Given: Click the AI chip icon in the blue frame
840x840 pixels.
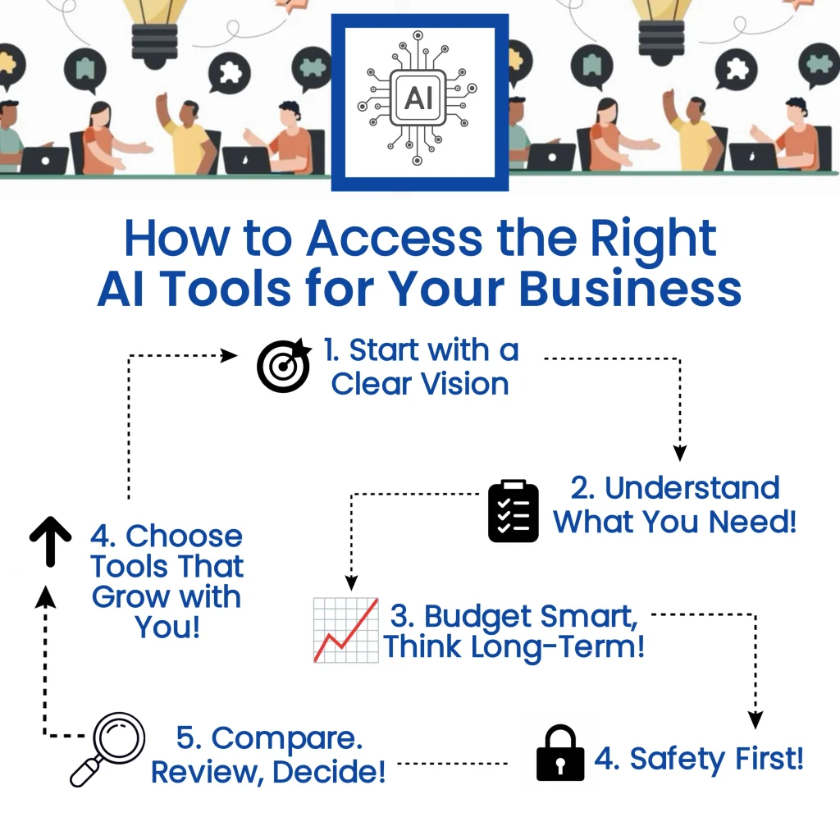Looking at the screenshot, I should pyautogui.click(x=419, y=99).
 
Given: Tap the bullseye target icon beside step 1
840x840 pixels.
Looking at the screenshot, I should pyautogui.click(x=284, y=365).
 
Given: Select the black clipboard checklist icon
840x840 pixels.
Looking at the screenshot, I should pyautogui.click(x=514, y=511).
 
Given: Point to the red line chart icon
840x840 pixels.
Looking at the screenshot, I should pyautogui.click(x=346, y=630).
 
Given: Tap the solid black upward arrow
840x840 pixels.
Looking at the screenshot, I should pyautogui.click(x=49, y=541).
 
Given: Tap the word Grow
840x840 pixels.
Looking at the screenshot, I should pyautogui.click(x=125, y=596).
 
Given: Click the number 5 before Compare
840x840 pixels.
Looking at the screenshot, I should pyautogui.click(x=189, y=738).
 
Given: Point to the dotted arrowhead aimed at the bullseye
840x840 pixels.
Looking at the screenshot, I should pyautogui.click(x=229, y=355).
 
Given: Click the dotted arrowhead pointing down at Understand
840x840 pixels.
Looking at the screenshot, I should pyautogui.click(x=679, y=453).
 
